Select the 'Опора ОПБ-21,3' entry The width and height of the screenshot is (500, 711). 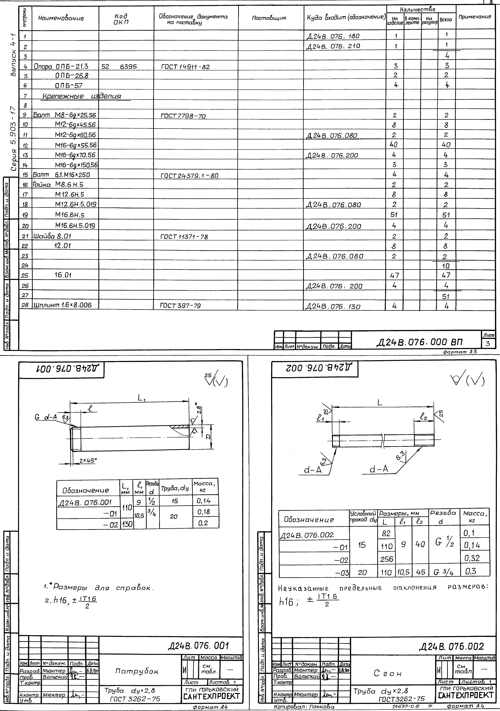tap(61, 66)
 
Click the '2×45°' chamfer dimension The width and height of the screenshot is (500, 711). tap(88, 460)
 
